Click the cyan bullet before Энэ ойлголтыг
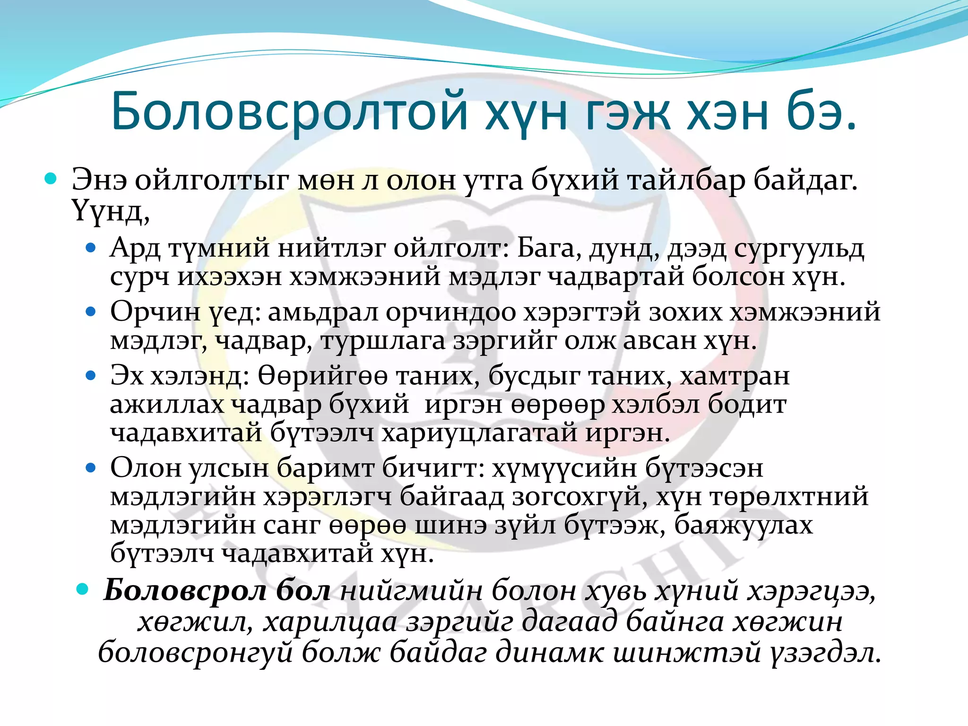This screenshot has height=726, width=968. (50, 179)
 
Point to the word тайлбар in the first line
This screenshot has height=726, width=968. (685, 180)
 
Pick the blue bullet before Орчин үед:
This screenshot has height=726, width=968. (91, 311)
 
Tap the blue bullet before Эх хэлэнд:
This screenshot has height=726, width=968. (91, 376)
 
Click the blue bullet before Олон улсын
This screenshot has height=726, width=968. (91, 468)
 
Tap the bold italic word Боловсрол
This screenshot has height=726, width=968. (184, 591)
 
